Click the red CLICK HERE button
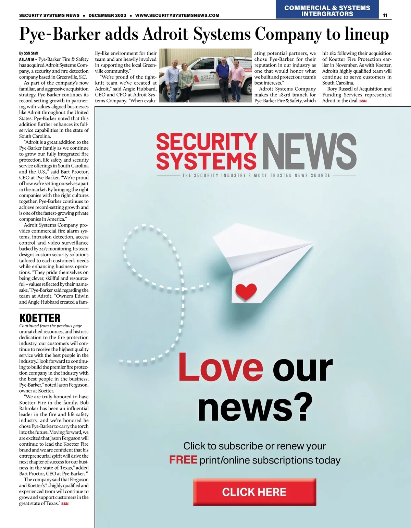click(x=254, y=492)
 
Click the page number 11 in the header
click(x=385, y=15)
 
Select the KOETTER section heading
click(x=40, y=318)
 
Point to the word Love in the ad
click(x=221, y=367)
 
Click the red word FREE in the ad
click(x=183, y=460)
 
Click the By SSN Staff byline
click(x=29, y=53)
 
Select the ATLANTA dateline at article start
click(x=27, y=59)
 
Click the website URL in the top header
click(x=177, y=15)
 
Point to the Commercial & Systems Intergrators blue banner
click(x=327, y=11)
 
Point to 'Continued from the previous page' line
click(x=51, y=326)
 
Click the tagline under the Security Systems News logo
click(x=256, y=175)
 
